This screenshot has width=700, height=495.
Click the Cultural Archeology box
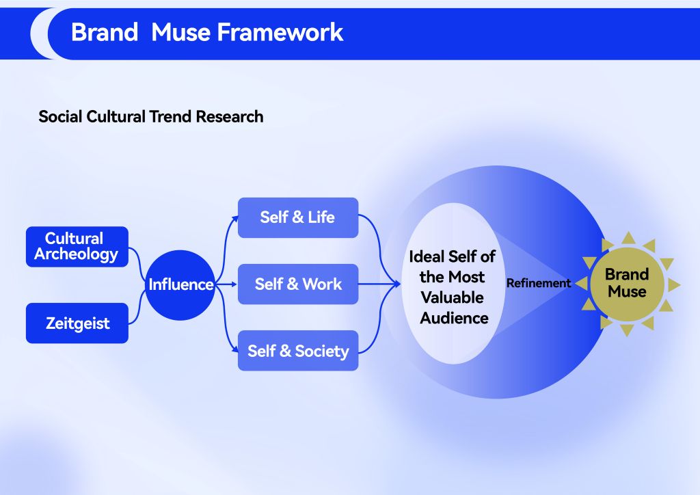coord(77,247)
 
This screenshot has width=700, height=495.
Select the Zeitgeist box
coord(77,323)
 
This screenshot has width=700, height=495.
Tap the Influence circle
coord(180,284)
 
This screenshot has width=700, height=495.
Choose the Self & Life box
coord(297,217)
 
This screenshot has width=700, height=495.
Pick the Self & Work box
coord(297,284)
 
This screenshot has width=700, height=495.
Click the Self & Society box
coord(297,351)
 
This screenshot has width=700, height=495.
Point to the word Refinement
coord(538,283)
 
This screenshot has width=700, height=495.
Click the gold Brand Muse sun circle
coord(626,283)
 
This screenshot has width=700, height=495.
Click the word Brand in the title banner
coord(104,32)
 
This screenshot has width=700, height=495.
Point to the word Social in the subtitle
coord(60,116)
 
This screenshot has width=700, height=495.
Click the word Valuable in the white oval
coord(452,297)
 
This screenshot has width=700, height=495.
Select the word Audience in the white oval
coord(454,318)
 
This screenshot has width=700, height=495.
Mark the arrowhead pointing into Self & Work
coord(234,284)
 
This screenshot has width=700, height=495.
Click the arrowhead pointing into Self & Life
coord(234,218)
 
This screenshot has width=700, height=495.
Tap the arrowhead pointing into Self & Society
coord(234,350)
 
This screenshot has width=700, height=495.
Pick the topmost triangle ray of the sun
coord(627,237)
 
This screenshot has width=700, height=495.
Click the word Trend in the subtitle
coord(170,116)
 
